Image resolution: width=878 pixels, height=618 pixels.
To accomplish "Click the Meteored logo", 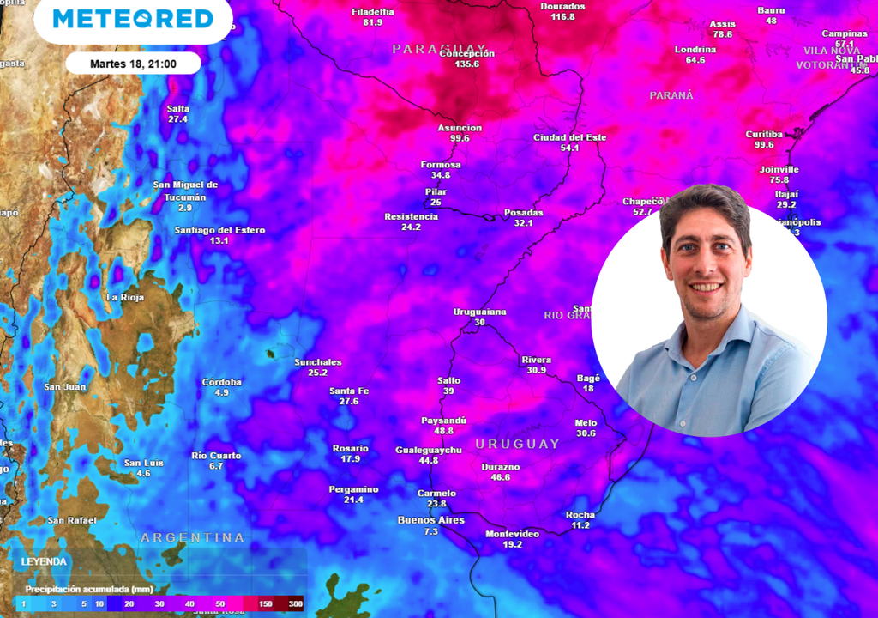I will pyautogui.click(x=133, y=19).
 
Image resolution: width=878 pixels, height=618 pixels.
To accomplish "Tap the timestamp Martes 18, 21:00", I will pyautogui.click(x=133, y=64).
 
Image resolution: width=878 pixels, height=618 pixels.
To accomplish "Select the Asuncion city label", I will pyautogui.click(x=460, y=128).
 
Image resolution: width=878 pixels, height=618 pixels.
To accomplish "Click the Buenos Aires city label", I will pyautogui.click(x=430, y=520).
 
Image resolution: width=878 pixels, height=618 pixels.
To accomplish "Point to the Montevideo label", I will pyautogui.click(x=512, y=534).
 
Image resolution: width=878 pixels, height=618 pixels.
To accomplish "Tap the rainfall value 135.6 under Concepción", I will pyautogui.click(x=467, y=64).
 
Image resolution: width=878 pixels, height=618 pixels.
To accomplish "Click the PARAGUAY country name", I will pyautogui.click(x=439, y=49).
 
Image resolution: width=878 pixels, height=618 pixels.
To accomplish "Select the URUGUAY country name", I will pyautogui.click(x=517, y=444).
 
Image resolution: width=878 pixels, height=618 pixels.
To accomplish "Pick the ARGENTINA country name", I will pyautogui.click(x=193, y=537).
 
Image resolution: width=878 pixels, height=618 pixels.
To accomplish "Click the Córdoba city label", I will pyautogui.click(x=221, y=382).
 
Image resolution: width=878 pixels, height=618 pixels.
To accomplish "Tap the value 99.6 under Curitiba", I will pyautogui.click(x=764, y=145).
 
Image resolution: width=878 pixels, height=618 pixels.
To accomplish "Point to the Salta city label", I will pyautogui.click(x=178, y=108).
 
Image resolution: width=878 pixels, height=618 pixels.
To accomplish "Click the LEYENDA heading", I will pyautogui.click(x=44, y=561).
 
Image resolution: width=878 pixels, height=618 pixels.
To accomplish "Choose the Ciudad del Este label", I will pyautogui.click(x=569, y=137).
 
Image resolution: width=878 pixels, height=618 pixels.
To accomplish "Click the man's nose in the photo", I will pyautogui.click(x=706, y=265).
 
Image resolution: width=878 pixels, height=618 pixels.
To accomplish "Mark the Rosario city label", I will pyautogui.click(x=350, y=448).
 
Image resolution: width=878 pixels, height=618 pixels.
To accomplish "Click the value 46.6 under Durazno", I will pyautogui.click(x=501, y=477).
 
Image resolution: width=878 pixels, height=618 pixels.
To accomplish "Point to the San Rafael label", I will pyautogui.click(x=72, y=520).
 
